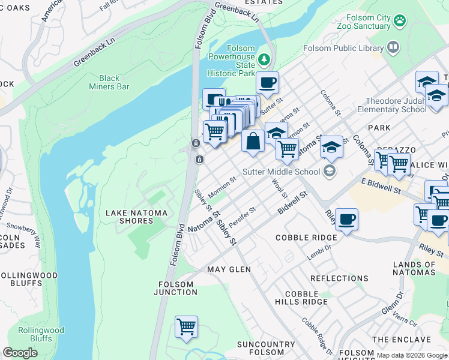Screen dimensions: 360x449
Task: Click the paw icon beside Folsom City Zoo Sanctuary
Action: click(400, 21)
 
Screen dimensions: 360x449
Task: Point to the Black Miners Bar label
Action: click(109, 82)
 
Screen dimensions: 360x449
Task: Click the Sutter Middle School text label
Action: click(281, 172)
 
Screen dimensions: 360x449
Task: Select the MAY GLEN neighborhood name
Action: click(229, 269)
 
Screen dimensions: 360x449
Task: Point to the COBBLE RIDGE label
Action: click(306, 238)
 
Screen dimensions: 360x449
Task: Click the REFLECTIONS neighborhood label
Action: click(339, 278)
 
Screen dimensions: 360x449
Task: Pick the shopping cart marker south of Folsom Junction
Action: click(187, 326)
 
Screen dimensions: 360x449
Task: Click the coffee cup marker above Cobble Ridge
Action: click(346, 219)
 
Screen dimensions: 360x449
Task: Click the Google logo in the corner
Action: click(20, 353)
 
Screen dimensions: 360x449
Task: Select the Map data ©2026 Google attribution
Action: click(411, 355)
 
